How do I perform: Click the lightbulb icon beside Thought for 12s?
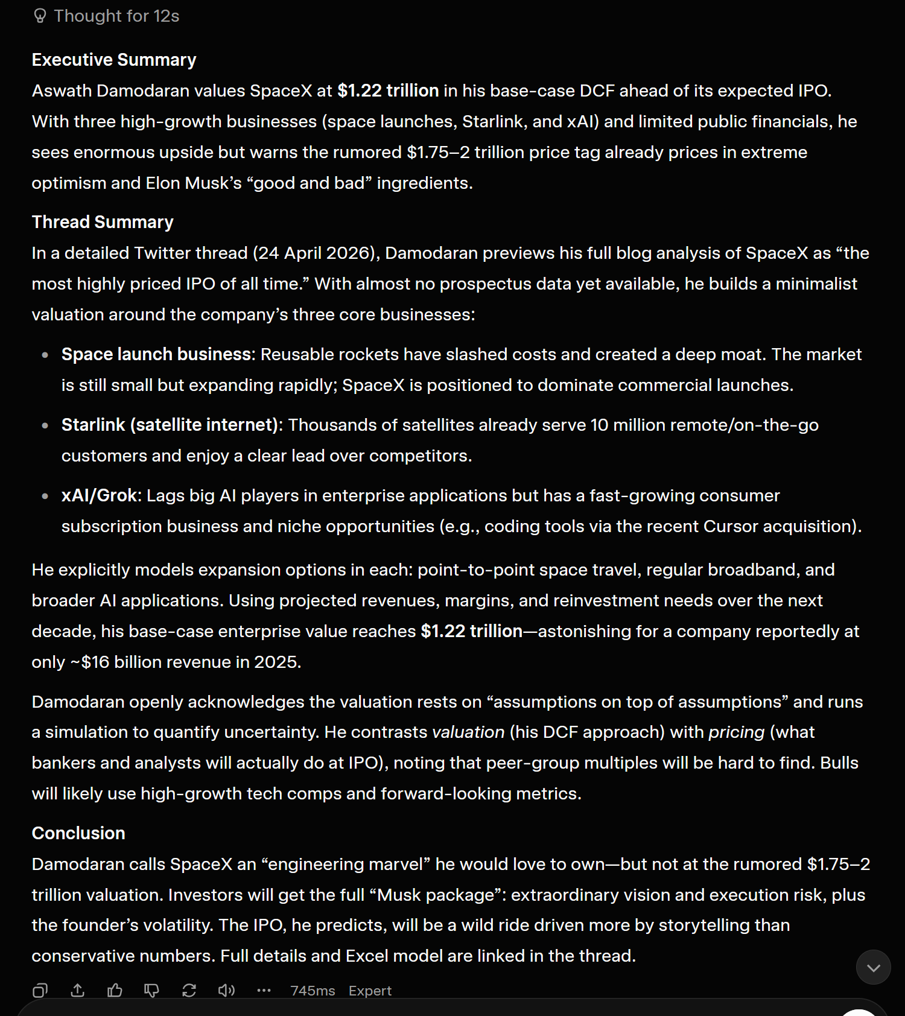[x=40, y=16]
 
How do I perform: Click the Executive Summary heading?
[x=114, y=60]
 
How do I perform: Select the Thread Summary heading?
[x=103, y=222]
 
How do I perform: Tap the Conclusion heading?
[x=78, y=833]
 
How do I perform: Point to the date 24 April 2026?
[x=313, y=253]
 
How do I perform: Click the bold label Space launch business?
[x=156, y=354]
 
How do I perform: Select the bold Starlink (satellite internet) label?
[x=170, y=425]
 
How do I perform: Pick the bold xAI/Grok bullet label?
[x=100, y=495]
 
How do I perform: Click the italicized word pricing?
[x=736, y=732]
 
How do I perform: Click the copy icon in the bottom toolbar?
[x=40, y=991]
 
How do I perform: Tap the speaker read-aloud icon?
[x=226, y=991]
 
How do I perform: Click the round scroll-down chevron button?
[x=873, y=968]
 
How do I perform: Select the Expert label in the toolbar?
[x=370, y=991]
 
